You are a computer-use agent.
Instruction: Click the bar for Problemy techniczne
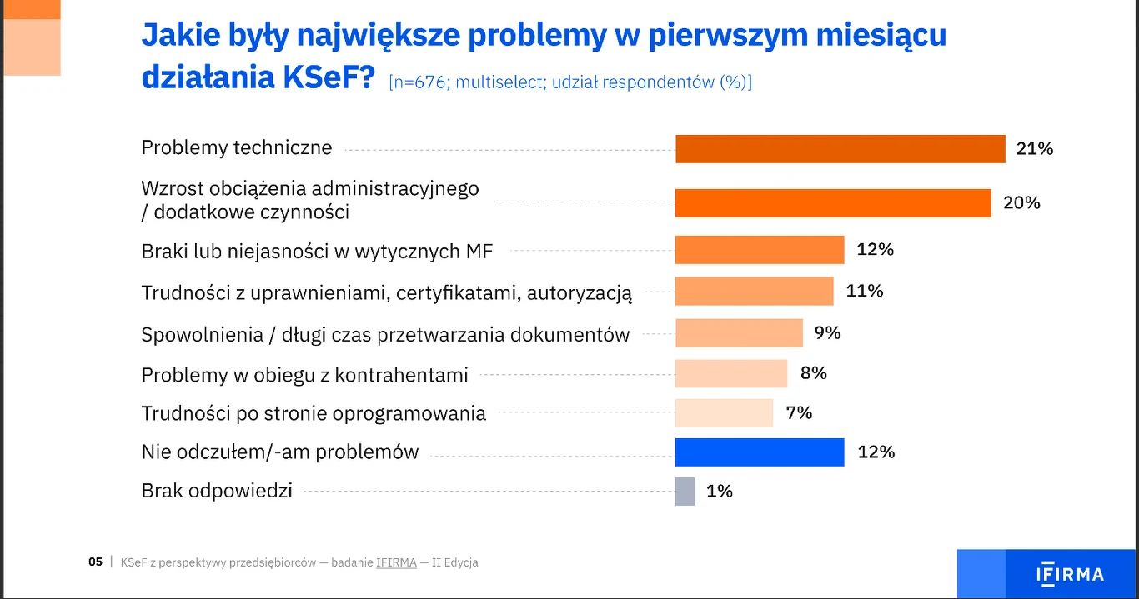(840, 149)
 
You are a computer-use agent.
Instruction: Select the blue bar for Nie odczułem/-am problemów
(759, 452)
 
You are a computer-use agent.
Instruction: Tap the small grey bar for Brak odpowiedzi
(685, 492)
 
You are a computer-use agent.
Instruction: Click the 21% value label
(1035, 149)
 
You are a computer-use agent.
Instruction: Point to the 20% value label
(1021, 203)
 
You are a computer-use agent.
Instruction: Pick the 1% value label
(719, 492)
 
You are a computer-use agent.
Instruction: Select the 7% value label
(799, 413)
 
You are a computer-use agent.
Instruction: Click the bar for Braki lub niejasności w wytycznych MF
(759, 250)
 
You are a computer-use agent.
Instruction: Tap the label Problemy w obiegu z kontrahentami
(304, 375)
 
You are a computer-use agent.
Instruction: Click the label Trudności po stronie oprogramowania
(314, 413)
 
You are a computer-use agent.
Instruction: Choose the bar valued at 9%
(738, 333)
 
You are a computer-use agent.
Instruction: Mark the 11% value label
(865, 291)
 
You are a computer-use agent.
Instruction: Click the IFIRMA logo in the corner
(1070, 574)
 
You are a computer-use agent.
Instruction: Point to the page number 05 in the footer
(95, 562)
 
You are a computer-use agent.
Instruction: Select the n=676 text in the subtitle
(420, 82)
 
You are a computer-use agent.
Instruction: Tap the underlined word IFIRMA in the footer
(396, 562)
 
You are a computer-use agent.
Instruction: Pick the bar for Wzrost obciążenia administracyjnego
(832, 203)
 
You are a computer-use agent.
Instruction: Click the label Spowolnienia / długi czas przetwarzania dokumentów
(385, 335)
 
